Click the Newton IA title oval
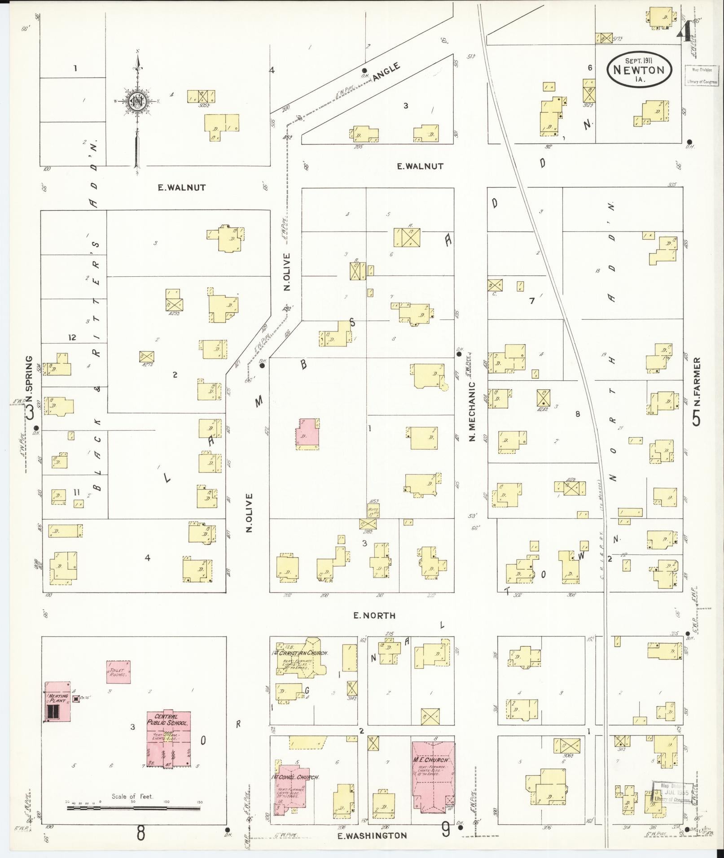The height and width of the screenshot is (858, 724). (x=639, y=70)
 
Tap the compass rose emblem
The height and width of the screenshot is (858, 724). (x=136, y=102)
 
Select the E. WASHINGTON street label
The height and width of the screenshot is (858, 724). (x=372, y=835)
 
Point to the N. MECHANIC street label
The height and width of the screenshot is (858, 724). (x=472, y=411)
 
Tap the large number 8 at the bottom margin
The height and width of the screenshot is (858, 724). (x=141, y=834)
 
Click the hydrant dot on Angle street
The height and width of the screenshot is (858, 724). (x=364, y=70)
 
